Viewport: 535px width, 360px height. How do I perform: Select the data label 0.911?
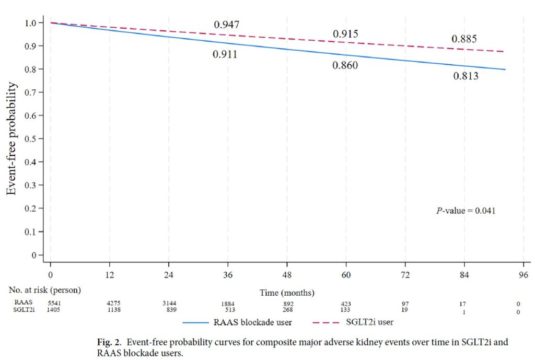point(225,54)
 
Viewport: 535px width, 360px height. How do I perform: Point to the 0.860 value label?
point(345,66)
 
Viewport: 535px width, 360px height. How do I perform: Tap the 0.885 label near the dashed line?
point(464,39)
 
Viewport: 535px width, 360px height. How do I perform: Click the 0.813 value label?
point(466,76)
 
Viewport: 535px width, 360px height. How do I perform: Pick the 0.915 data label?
point(345,34)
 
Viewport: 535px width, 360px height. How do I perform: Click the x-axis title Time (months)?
point(287,293)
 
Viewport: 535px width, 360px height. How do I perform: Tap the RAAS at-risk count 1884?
point(228,304)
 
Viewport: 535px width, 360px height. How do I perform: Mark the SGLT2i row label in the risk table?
point(23,310)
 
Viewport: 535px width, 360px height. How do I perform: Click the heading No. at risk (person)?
point(44,289)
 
